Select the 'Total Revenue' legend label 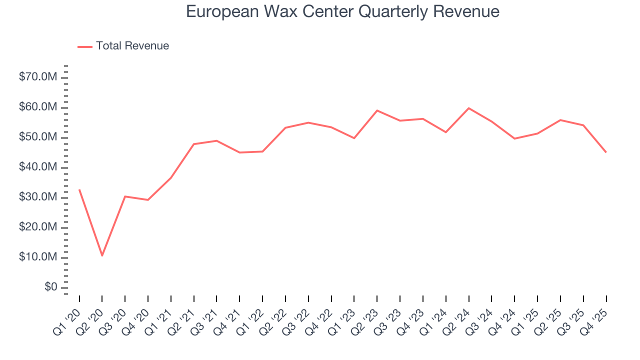[x=132, y=46]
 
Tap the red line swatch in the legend [x=85, y=46]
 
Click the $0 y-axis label [x=50, y=287]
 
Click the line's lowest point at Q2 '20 [x=102, y=255]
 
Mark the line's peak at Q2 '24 [x=468, y=108]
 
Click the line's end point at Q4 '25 [x=606, y=152]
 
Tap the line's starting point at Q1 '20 [x=79, y=189]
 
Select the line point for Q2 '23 [x=377, y=110]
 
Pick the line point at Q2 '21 [x=193, y=144]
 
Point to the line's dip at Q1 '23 [x=354, y=138]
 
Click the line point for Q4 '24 [x=514, y=138]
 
